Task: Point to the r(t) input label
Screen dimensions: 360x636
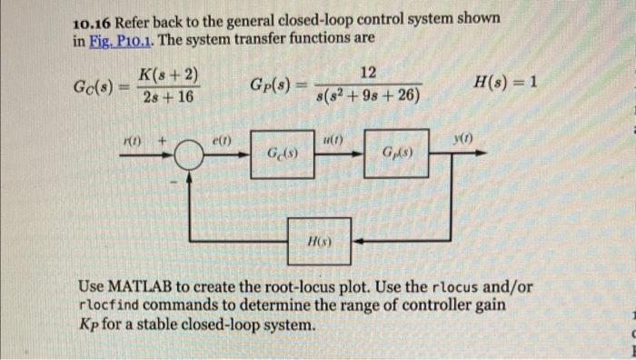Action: [133, 140]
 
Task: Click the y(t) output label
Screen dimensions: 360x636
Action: [464, 138]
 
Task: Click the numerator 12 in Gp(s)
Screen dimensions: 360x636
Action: [368, 73]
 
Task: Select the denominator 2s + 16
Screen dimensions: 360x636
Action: [168, 95]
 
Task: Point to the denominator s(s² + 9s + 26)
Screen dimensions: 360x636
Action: [368, 94]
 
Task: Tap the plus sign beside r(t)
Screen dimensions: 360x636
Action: [164, 141]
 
